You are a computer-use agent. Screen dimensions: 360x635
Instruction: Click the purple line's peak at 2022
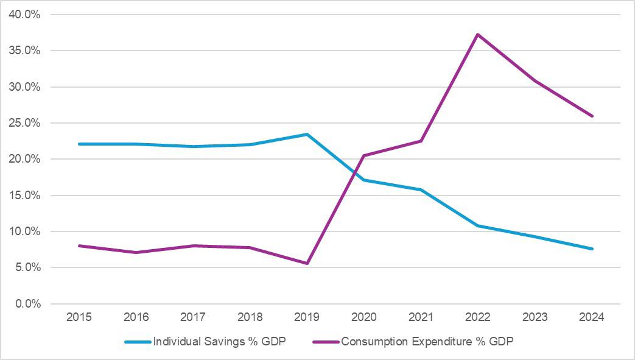coord(478,34)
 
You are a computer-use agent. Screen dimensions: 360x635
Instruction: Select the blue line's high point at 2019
coord(307,134)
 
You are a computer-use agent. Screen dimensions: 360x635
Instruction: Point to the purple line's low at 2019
coord(307,263)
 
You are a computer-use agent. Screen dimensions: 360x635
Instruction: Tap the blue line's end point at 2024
coord(592,249)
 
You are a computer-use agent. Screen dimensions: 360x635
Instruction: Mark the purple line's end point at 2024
coord(592,116)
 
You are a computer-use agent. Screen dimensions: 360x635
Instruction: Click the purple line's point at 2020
coord(364,155)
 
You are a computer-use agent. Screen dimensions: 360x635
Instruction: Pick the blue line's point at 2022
coord(478,225)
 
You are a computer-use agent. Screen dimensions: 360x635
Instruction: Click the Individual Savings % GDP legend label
coord(219,342)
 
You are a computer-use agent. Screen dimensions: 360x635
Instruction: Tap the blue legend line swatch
coord(138,342)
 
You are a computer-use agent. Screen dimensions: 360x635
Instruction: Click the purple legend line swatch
coord(326,342)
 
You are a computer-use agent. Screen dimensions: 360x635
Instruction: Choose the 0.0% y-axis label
coord(27,304)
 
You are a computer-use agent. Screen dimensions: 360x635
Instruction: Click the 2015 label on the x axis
coord(79,317)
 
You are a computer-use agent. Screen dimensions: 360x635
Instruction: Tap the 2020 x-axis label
coord(364,317)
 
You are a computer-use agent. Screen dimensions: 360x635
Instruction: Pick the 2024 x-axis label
coord(592,317)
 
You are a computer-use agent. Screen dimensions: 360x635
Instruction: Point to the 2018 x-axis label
coord(250,317)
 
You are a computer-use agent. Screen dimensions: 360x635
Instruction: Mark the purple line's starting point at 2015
coord(79,245)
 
